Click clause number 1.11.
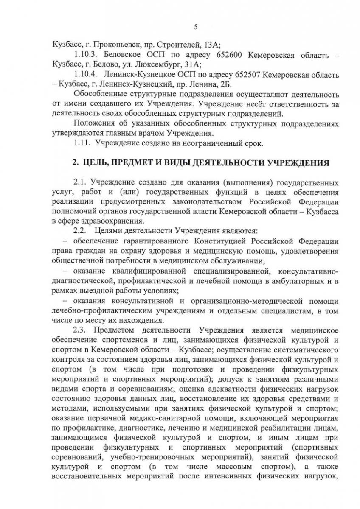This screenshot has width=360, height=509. click(82, 143)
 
